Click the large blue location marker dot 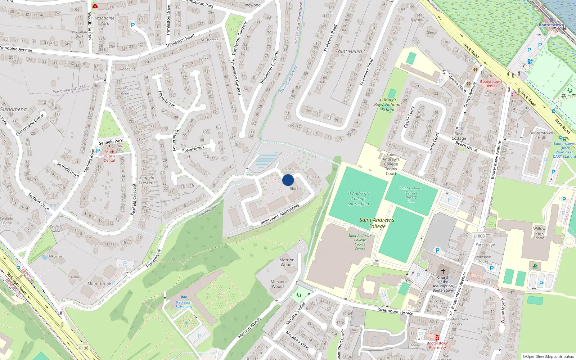(288, 180)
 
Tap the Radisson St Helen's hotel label (184, 305)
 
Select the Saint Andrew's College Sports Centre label (360, 242)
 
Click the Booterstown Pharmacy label (437, 345)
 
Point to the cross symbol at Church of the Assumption (443, 271)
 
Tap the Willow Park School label (539, 233)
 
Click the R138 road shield (84, 348)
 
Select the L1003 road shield (479, 236)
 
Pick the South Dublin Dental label (109, 156)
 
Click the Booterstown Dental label (491, 84)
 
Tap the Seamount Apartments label (280, 215)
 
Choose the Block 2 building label (290, 169)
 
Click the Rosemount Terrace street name (395, 311)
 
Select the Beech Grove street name (466, 146)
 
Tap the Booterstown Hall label (541, 135)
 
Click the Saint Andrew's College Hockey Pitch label (411, 194)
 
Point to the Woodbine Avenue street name (16, 49)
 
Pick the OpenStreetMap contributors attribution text (548, 356)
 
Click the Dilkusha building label (54, 256)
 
